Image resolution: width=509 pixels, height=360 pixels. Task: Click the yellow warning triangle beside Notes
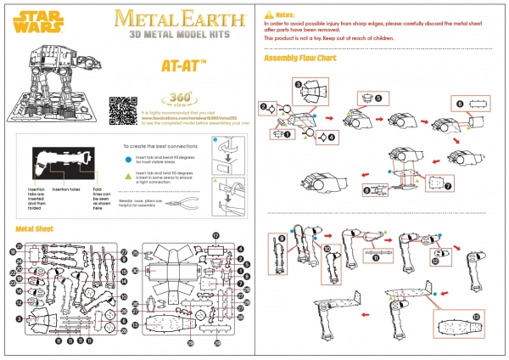coord(269,14)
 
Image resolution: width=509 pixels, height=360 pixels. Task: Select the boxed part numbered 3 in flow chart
coord(311,90)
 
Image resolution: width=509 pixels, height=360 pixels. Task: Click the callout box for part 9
coord(282,249)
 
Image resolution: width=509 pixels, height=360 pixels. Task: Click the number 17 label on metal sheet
coord(215,235)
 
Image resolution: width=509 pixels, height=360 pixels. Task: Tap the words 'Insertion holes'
coord(65,188)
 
